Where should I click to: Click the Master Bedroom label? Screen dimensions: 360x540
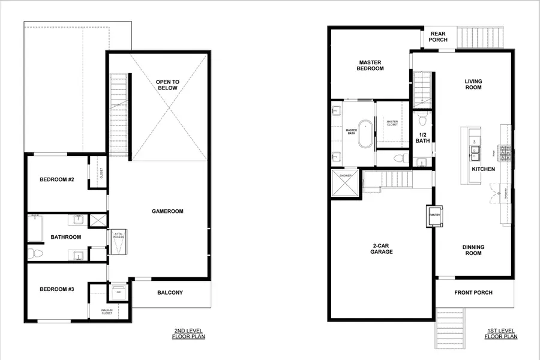371,65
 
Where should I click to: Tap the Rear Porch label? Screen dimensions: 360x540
438,37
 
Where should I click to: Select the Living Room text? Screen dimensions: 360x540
473,84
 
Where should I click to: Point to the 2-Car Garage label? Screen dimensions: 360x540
381,248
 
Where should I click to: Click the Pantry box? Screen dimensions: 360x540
434,215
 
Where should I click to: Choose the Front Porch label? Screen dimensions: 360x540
473,293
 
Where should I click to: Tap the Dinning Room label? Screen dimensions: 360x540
473,250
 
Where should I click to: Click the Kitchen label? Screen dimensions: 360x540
483,169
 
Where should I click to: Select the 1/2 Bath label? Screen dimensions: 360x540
422,137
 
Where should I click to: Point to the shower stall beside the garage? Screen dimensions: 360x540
346,183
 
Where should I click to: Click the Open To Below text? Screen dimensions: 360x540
167,85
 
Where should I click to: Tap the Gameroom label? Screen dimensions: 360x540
167,211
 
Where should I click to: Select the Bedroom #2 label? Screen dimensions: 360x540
57,179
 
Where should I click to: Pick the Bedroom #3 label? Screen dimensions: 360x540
57,289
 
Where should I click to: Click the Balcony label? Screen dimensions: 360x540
170,293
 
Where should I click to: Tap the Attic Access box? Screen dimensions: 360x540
118,238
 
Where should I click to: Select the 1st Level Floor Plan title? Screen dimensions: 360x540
501,334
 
